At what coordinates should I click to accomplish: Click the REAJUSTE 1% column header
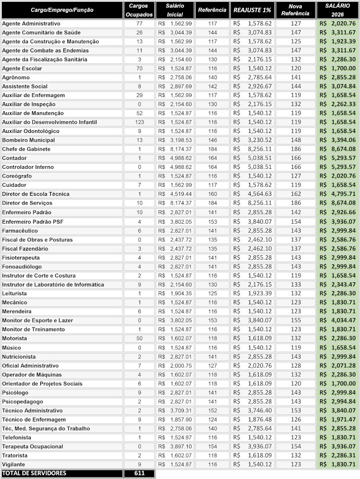252,10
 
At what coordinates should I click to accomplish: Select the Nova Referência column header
295,10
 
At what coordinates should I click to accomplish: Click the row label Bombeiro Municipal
28,140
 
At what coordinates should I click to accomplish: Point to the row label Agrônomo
16,77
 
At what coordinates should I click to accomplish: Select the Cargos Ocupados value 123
139,122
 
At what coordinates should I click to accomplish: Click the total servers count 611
139,473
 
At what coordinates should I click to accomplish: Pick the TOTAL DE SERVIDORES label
34,473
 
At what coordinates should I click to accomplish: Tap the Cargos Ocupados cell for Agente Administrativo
139,24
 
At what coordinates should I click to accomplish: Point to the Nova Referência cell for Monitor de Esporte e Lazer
296,320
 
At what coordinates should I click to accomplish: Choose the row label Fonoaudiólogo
22,266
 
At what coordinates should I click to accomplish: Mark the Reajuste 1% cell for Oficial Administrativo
252,365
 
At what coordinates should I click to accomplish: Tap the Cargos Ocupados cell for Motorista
139,338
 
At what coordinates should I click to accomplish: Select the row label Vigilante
13,465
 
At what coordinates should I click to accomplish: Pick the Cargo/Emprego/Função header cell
62,10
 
